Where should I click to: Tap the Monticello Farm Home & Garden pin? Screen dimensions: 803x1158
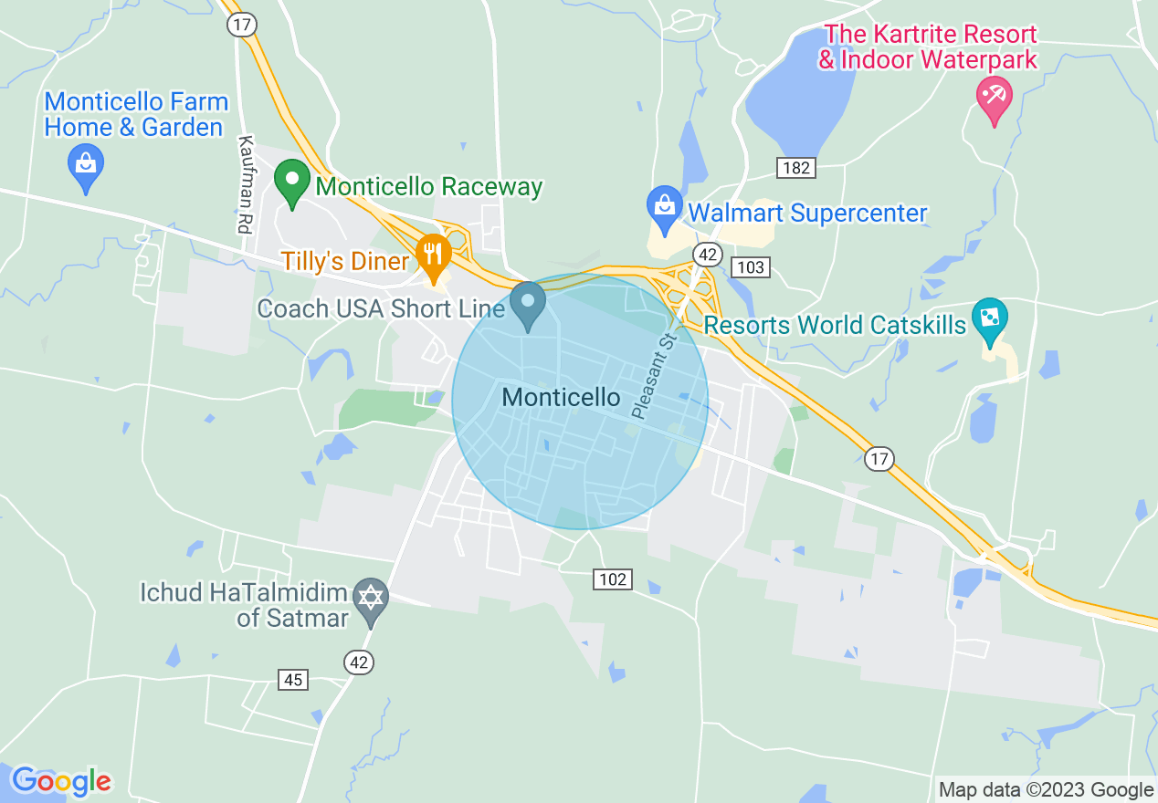86,166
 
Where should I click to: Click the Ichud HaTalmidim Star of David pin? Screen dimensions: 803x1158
371,599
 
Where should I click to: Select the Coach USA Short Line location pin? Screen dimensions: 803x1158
527,303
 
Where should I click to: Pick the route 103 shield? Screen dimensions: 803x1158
751,267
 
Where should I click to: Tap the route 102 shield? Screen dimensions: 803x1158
613,579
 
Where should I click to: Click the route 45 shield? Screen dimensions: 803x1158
293,679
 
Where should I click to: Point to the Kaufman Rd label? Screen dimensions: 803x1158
244,184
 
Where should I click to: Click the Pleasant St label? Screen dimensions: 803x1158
652,376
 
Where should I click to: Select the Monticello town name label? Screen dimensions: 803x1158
561,398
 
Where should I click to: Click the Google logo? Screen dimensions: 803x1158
61,781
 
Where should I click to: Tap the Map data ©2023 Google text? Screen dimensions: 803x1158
1047,790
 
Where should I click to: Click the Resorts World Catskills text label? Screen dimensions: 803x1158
835,325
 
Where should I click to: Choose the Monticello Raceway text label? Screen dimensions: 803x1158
429,187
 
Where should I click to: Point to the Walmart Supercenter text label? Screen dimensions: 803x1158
807,213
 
